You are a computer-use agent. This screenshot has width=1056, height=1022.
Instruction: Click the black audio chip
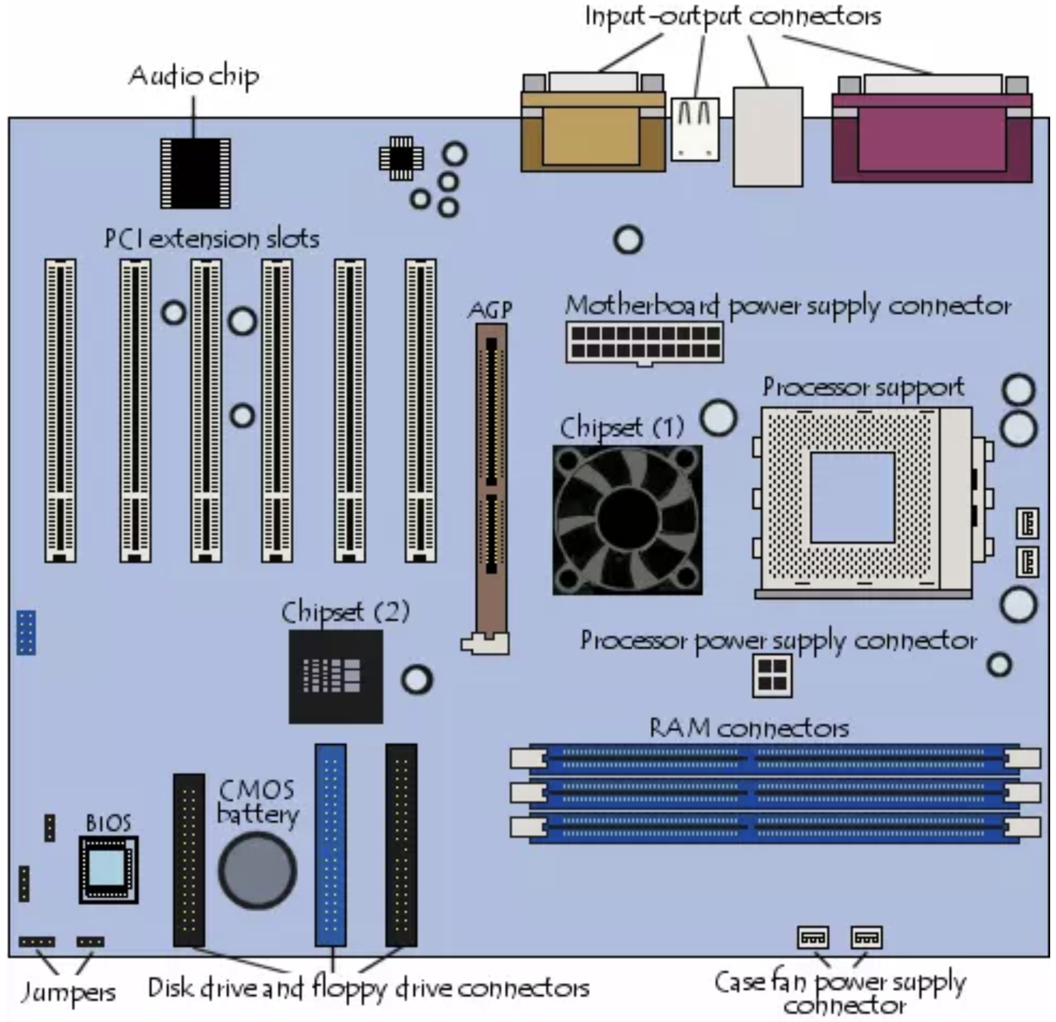tap(195, 173)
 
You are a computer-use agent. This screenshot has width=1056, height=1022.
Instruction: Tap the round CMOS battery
tap(258, 870)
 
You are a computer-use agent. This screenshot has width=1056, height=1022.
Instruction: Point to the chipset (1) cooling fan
tap(627, 520)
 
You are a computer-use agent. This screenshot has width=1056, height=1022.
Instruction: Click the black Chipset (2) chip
tap(336, 677)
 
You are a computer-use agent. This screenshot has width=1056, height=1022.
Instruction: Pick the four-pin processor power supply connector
tap(772, 675)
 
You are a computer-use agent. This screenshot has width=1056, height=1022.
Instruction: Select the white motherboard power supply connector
tap(644, 342)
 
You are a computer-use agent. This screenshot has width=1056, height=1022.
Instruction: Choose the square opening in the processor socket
tap(852, 498)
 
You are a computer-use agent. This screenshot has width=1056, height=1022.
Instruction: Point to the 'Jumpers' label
tap(68, 992)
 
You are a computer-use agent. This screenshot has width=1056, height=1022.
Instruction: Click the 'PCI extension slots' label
tap(212, 239)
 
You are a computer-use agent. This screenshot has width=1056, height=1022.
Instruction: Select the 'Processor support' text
tap(864, 388)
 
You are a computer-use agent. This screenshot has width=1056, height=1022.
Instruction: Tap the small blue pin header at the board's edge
tap(26, 633)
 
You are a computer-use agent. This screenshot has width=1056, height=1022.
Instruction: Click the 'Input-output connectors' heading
tap(733, 16)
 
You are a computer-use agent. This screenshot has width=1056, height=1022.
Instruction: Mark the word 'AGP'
tap(490, 310)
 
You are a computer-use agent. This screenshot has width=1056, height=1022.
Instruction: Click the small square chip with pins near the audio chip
tap(401, 158)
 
